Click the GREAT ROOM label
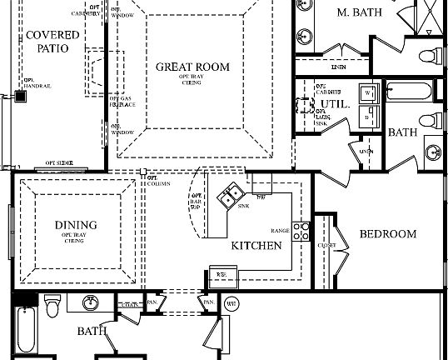pos(193,67)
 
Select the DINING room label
pos(76,225)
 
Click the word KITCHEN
pos(256,246)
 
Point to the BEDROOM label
pos(387,234)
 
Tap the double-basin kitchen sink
pos(227,198)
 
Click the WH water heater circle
pos(232,304)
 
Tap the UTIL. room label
pos(333,104)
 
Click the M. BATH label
pos(355,12)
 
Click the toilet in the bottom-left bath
pos(52,306)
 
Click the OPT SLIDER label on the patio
pos(60,162)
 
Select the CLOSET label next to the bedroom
pos(326,246)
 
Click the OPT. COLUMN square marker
pos(143,172)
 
